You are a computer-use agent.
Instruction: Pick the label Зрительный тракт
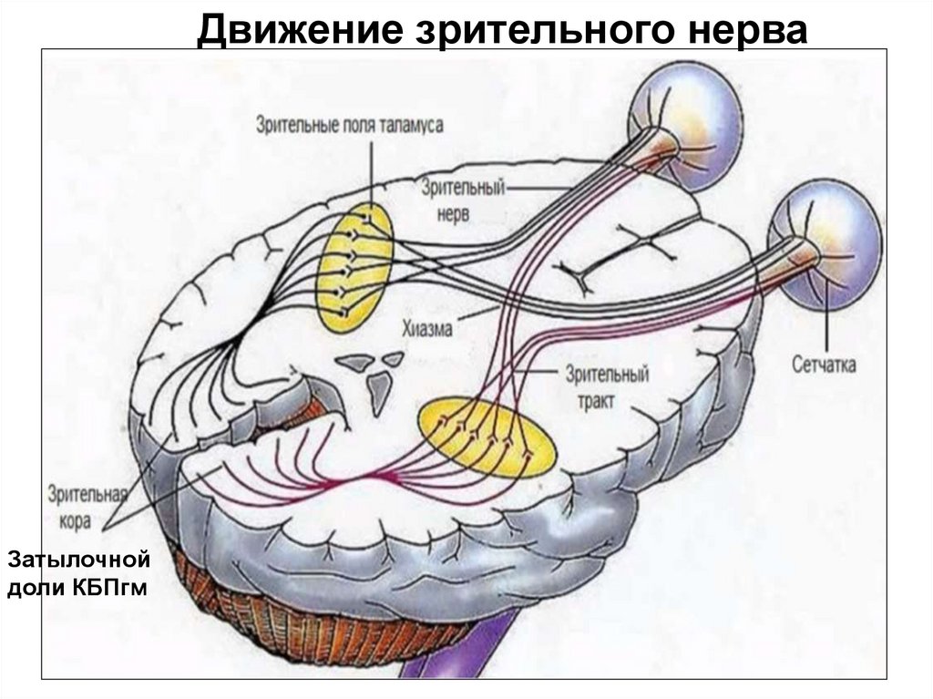(x=606, y=385)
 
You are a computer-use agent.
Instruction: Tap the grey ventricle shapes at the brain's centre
(x=372, y=374)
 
